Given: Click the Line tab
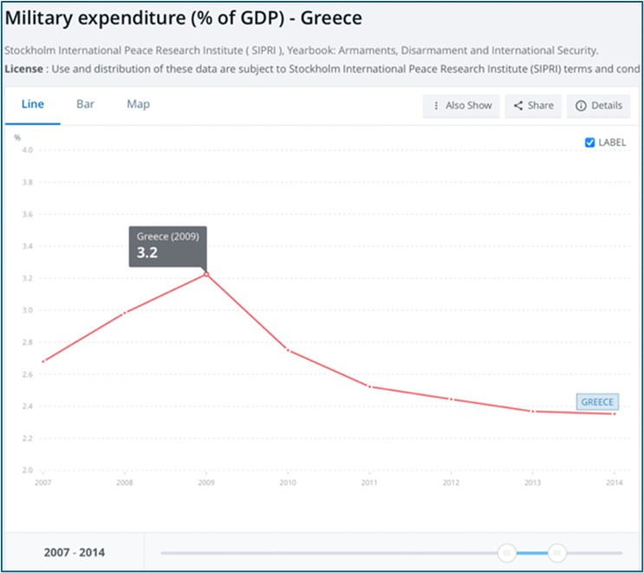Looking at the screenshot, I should [33, 104].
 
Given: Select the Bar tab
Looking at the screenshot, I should [85, 104].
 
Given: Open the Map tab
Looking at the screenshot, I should [138, 104].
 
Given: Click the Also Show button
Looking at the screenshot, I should [462, 106].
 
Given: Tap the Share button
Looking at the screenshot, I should [533, 106].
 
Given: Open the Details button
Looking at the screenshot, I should [598, 106].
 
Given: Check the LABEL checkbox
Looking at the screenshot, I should [590, 142].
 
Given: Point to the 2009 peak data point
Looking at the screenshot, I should [206, 273].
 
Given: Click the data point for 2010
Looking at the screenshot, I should [287, 349].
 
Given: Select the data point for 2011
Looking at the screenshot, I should [370, 386].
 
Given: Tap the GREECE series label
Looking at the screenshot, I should [597, 402].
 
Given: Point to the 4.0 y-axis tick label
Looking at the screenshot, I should [27, 150].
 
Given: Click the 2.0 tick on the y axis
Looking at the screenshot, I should [27, 470].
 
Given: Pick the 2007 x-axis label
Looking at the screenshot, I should [42, 482].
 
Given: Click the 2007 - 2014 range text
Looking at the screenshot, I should [75, 552].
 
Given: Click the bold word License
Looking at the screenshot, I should [27, 68].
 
